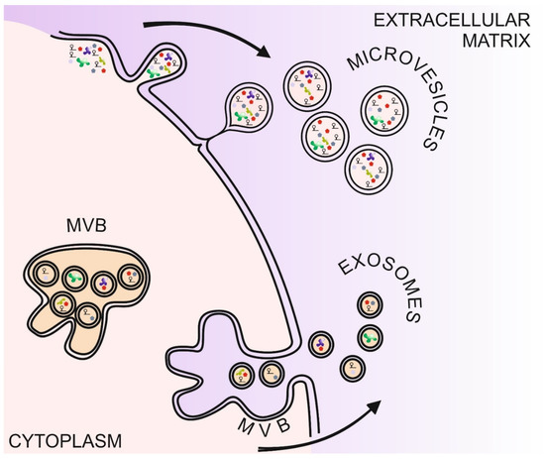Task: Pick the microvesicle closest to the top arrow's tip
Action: [x=306, y=82]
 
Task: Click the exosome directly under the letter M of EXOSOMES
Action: [x=371, y=302]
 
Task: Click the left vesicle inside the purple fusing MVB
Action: [x=242, y=376]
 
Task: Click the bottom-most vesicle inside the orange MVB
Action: [x=88, y=314]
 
